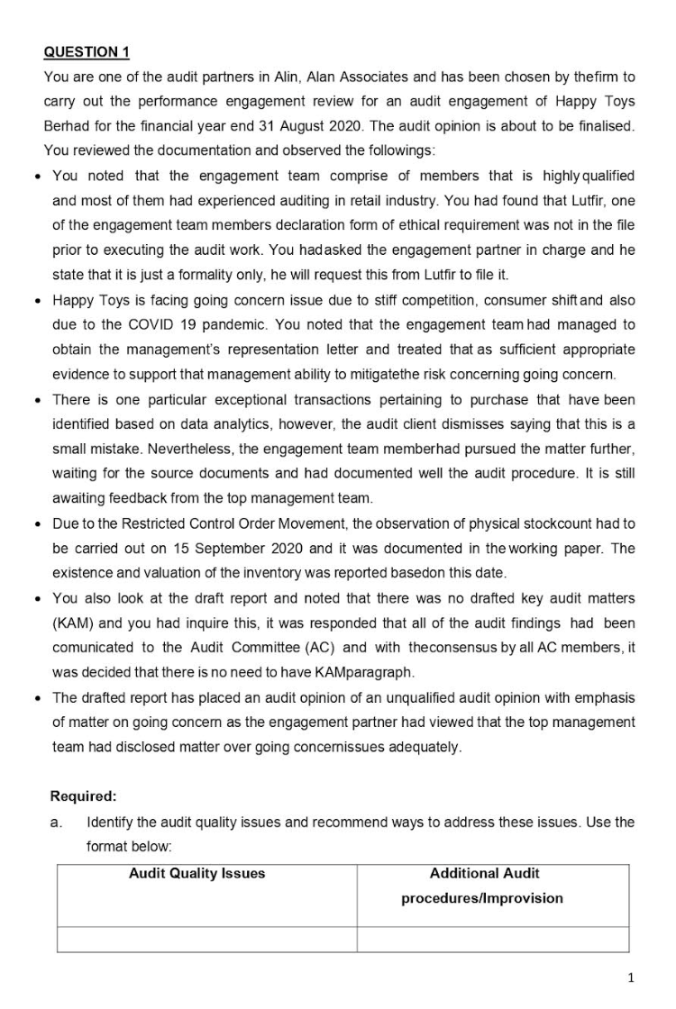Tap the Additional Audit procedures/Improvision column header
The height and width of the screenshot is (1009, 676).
click(484, 886)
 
